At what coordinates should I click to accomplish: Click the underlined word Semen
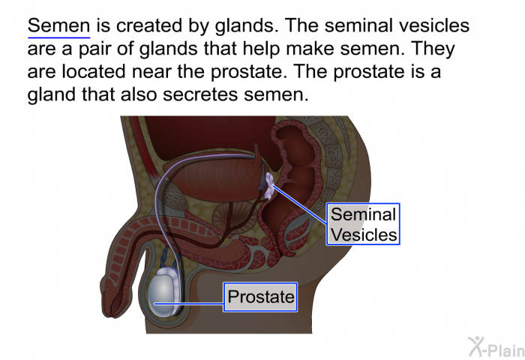click(x=59, y=25)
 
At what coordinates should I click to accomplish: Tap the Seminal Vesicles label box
click(x=363, y=224)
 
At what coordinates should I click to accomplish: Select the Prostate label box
click(x=260, y=297)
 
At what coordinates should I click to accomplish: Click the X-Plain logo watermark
click(x=496, y=347)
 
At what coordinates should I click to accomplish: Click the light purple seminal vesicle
click(x=270, y=185)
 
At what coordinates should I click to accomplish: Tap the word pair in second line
click(x=95, y=49)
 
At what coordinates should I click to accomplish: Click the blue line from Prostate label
click(x=189, y=304)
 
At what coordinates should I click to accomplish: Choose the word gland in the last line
click(x=52, y=95)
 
